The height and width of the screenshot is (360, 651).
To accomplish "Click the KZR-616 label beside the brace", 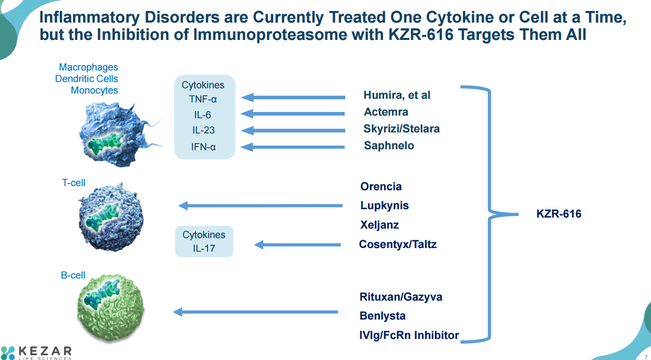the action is [559, 214].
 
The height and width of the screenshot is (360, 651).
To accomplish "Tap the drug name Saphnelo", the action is [389, 146].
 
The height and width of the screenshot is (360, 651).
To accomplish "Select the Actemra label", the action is [386, 111].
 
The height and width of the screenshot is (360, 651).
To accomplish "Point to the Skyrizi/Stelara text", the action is [401, 129].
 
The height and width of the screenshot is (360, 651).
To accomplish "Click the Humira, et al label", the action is [397, 95].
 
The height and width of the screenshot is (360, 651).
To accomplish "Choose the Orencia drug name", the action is [381, 187].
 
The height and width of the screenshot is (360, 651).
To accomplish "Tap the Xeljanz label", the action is [379, 225].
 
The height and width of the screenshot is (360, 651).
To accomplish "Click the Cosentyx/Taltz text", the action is [398, 244].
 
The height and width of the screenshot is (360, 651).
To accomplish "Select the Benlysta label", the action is [383, 316].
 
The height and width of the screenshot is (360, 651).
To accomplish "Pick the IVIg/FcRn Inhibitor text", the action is [409, 335].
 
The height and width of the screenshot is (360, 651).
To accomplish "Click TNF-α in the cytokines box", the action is [203, 99].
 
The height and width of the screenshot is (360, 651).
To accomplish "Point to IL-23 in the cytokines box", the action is [203, 130].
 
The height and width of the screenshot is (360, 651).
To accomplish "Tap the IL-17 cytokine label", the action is [204, 249].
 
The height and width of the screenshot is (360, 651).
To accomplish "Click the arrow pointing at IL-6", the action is [293, 114].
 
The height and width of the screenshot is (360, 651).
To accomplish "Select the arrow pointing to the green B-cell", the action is [255, 312].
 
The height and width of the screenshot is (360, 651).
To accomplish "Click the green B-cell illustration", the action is [111, 307].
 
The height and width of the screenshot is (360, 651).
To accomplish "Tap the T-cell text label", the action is [74, 183].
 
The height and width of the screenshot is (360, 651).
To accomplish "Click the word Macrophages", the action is [88, 67].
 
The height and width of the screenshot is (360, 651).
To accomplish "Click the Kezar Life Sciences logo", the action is [36, 353].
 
